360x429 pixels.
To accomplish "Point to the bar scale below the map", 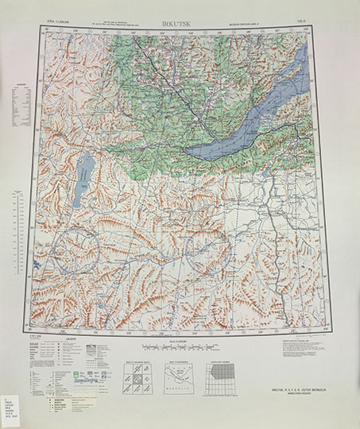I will click(180, 348).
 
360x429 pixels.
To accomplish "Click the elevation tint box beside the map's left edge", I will click(22, 107).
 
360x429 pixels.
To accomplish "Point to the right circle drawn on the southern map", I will click(207, 253).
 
